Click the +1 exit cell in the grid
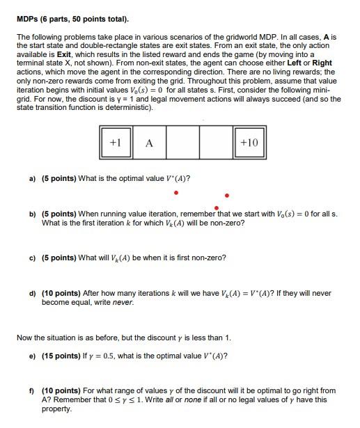coord(116,143)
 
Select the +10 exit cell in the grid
coord(249,143)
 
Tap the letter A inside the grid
coord(149,143)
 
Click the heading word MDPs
coord(29,19)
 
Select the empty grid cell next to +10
coord(215,143)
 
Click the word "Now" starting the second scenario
coord(24,338)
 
